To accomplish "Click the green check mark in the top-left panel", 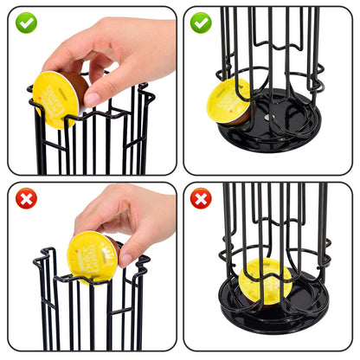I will click(26, 22).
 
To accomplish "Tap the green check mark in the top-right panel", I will click(201, 22).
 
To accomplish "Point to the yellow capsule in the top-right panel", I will click(227, 101).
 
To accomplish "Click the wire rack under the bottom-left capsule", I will click(87, 316).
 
